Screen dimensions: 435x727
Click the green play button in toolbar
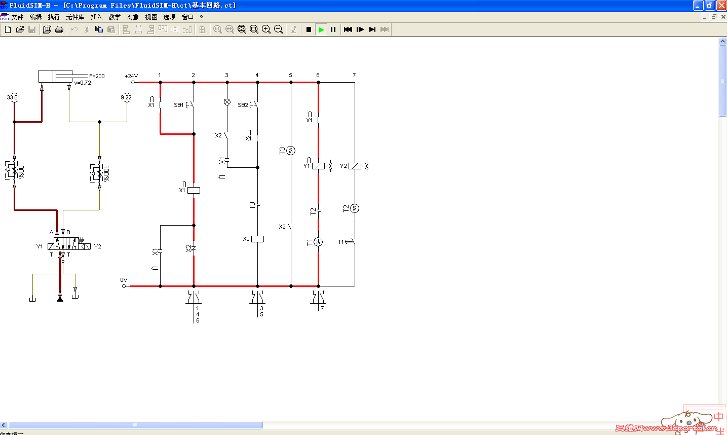tap(321, 29)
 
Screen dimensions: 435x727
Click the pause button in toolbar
tap(333, 29)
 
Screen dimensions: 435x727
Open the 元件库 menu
tap(75, 17)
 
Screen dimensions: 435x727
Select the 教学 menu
tap(114, 17)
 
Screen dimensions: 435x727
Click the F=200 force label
tap(97, 76)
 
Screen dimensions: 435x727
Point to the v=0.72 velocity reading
tap(83, 83)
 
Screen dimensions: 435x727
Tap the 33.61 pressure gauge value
tap(13, 97)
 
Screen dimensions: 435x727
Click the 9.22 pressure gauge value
tap(126, 97)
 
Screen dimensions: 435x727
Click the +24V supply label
tap(131, 76)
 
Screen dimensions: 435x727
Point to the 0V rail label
tap(124, 280)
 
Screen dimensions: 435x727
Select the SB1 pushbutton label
tap(178, 105)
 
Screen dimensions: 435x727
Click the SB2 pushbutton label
tap(243, 105)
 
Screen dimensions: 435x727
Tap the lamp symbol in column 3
tap(227, 102)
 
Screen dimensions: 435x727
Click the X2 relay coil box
tap(257, 239)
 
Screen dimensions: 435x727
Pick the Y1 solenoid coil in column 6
tap(318, 166)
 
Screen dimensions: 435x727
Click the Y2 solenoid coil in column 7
tap(355, 166)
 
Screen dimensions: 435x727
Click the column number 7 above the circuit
tap(354, 75)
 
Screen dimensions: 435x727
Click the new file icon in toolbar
tap(8, 29)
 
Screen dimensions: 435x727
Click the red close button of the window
tap(721, 6)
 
